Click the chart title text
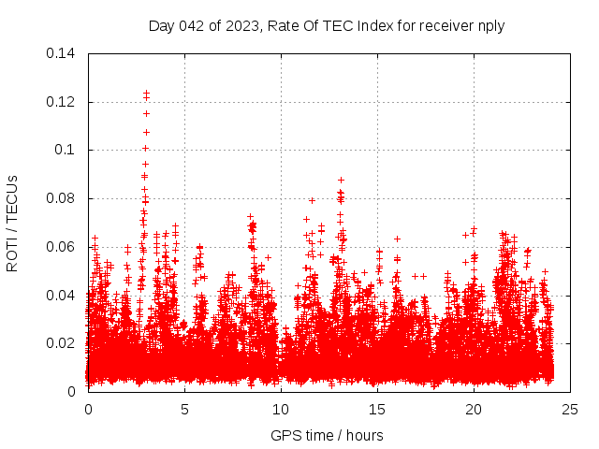point(327,26)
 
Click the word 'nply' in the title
point(490,26)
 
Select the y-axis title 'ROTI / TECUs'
point(13,223)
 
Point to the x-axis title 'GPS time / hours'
point(327,435)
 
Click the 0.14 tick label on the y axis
point(62,53)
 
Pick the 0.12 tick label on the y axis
point(62,101)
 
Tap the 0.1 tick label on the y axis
point(66,150)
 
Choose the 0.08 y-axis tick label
point(62,198)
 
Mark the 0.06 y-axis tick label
point(62,247)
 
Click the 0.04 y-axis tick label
point(62,295)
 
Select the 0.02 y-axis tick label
point(62,343)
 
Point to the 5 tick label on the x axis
point(184,409)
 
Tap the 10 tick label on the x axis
point(281,409)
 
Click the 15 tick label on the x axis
point(377,409)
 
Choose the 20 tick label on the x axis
point(474,409)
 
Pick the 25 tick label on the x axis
point(569,409)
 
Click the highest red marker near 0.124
point(146,93)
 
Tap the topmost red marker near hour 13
point(341,180)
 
